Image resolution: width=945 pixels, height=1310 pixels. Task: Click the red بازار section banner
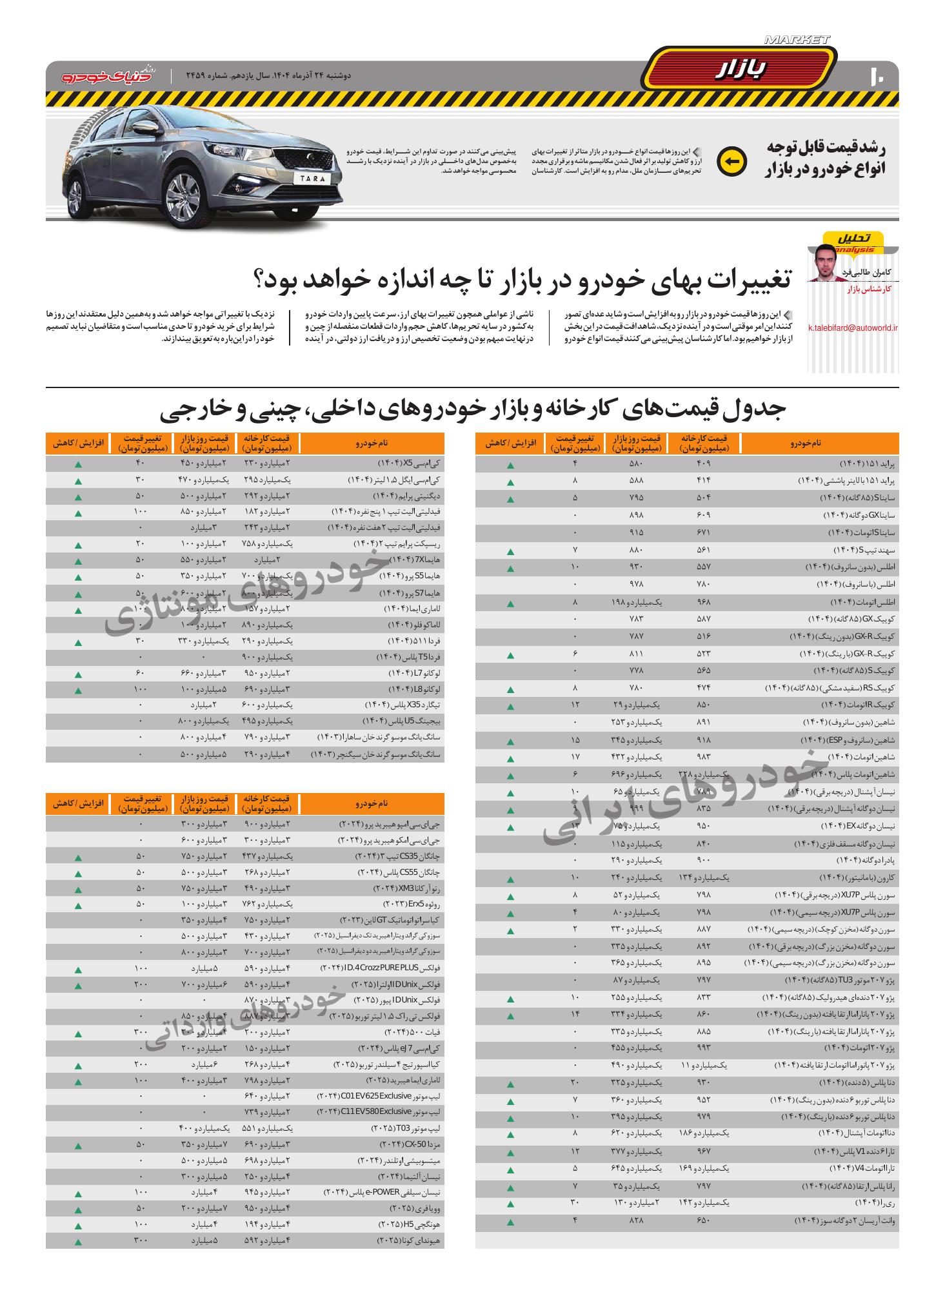(x=741, y=70)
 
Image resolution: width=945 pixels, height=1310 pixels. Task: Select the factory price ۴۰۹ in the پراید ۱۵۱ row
(x=703, y=464)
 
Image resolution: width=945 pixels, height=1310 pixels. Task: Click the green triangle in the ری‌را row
(x=510, y=1204)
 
